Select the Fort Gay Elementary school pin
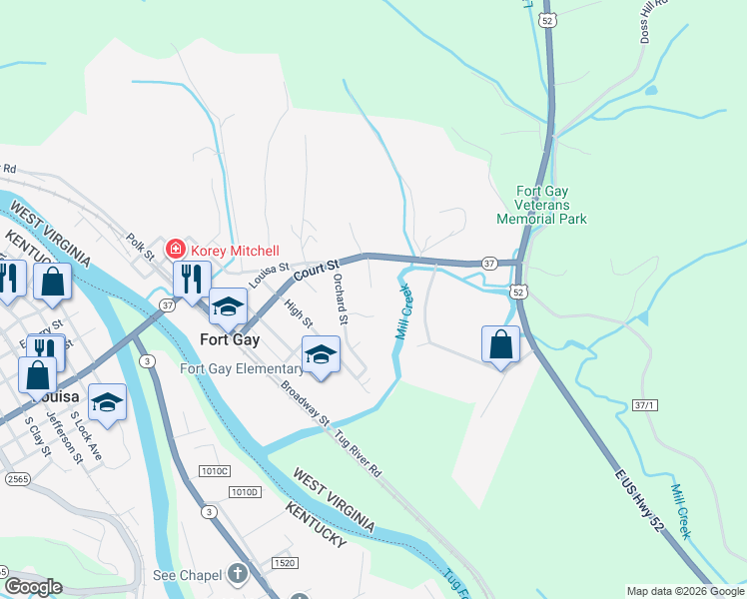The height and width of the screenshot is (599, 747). tap(321, 354)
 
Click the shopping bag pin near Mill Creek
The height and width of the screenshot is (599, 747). tap(500, 344)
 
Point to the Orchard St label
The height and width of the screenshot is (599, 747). tap(340, 299)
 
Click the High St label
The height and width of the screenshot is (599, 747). tap(299, 314)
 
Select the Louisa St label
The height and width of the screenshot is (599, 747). tap(269, 275)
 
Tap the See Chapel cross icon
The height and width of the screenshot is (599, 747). tap(237, 574)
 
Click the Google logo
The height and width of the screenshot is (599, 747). tap(33, 587)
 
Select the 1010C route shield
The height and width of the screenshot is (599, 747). tap(213, 470)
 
